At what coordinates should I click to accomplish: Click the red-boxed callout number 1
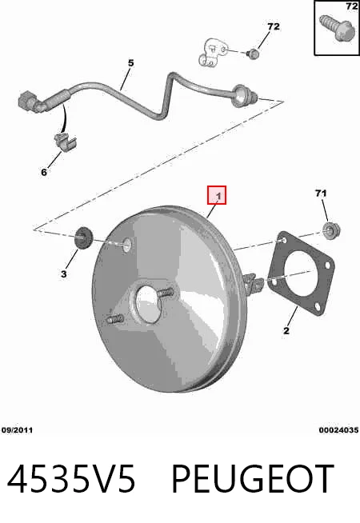pyautogui.click(x=217, y=195)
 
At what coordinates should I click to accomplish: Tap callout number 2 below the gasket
pyautogui.click(x=286, y=330)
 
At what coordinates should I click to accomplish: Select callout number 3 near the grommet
pyautogui.click(x=64, y=274)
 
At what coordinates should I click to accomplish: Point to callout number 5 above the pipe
pyautogui.click(x=130, y=62)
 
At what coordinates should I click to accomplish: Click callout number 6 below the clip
pyautogui.click(x=44, y=172)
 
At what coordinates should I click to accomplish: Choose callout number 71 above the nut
pyautogui.click(x=321, y=193)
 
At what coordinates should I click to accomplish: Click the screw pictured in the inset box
pyautogui.click(x=336, y=27)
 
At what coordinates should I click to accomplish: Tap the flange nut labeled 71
pyautogui.click(x=331, y=230)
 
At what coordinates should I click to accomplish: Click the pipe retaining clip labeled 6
pyautogui.click(x=65, y=142)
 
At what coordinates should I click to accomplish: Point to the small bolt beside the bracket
pyautogui.click(x=254, y=54)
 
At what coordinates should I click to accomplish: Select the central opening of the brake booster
pyautogui.click(x=148, y=304)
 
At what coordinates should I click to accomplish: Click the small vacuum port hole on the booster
pyautogui.click(x=127, y=245)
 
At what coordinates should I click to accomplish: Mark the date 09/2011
pyautogui.click(x=17, y=430)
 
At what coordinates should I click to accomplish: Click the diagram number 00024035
pyautogui.click(x=338, y=430)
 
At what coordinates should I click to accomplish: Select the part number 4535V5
pyautogui.click(x=71, y=479)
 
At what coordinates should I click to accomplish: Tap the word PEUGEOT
pyautogui.click(x=253, y=479)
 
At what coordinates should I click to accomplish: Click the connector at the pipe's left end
pyautogui.click(x=31, y=101)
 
